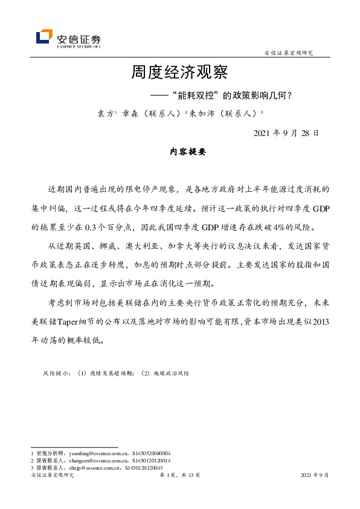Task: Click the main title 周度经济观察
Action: coord(179,74)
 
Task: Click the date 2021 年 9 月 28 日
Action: coord(287,132)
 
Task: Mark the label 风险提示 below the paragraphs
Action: coord(56,374)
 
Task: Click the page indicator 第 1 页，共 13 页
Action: coord(179,476)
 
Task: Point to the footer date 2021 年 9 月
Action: coord(315,476)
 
